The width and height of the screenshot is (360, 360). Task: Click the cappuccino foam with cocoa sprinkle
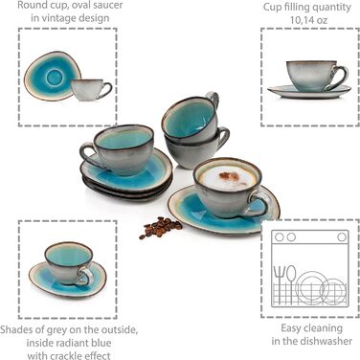(227, 177)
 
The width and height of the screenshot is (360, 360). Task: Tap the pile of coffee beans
(160, 227)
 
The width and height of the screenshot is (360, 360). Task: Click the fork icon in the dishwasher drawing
(280, 283)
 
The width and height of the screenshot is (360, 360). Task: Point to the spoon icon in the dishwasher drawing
(291, 283)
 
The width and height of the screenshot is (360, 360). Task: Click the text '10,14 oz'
(308, 20)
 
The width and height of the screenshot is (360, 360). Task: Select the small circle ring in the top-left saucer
(54, 77)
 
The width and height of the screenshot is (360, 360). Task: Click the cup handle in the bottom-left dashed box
(85, 276)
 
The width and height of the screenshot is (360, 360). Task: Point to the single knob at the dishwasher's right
(342, 237)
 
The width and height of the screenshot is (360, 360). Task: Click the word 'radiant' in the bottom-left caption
(70, 343)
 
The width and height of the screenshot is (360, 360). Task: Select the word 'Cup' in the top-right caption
(271, 7)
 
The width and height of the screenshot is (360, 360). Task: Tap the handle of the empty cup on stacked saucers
(89, 156)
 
